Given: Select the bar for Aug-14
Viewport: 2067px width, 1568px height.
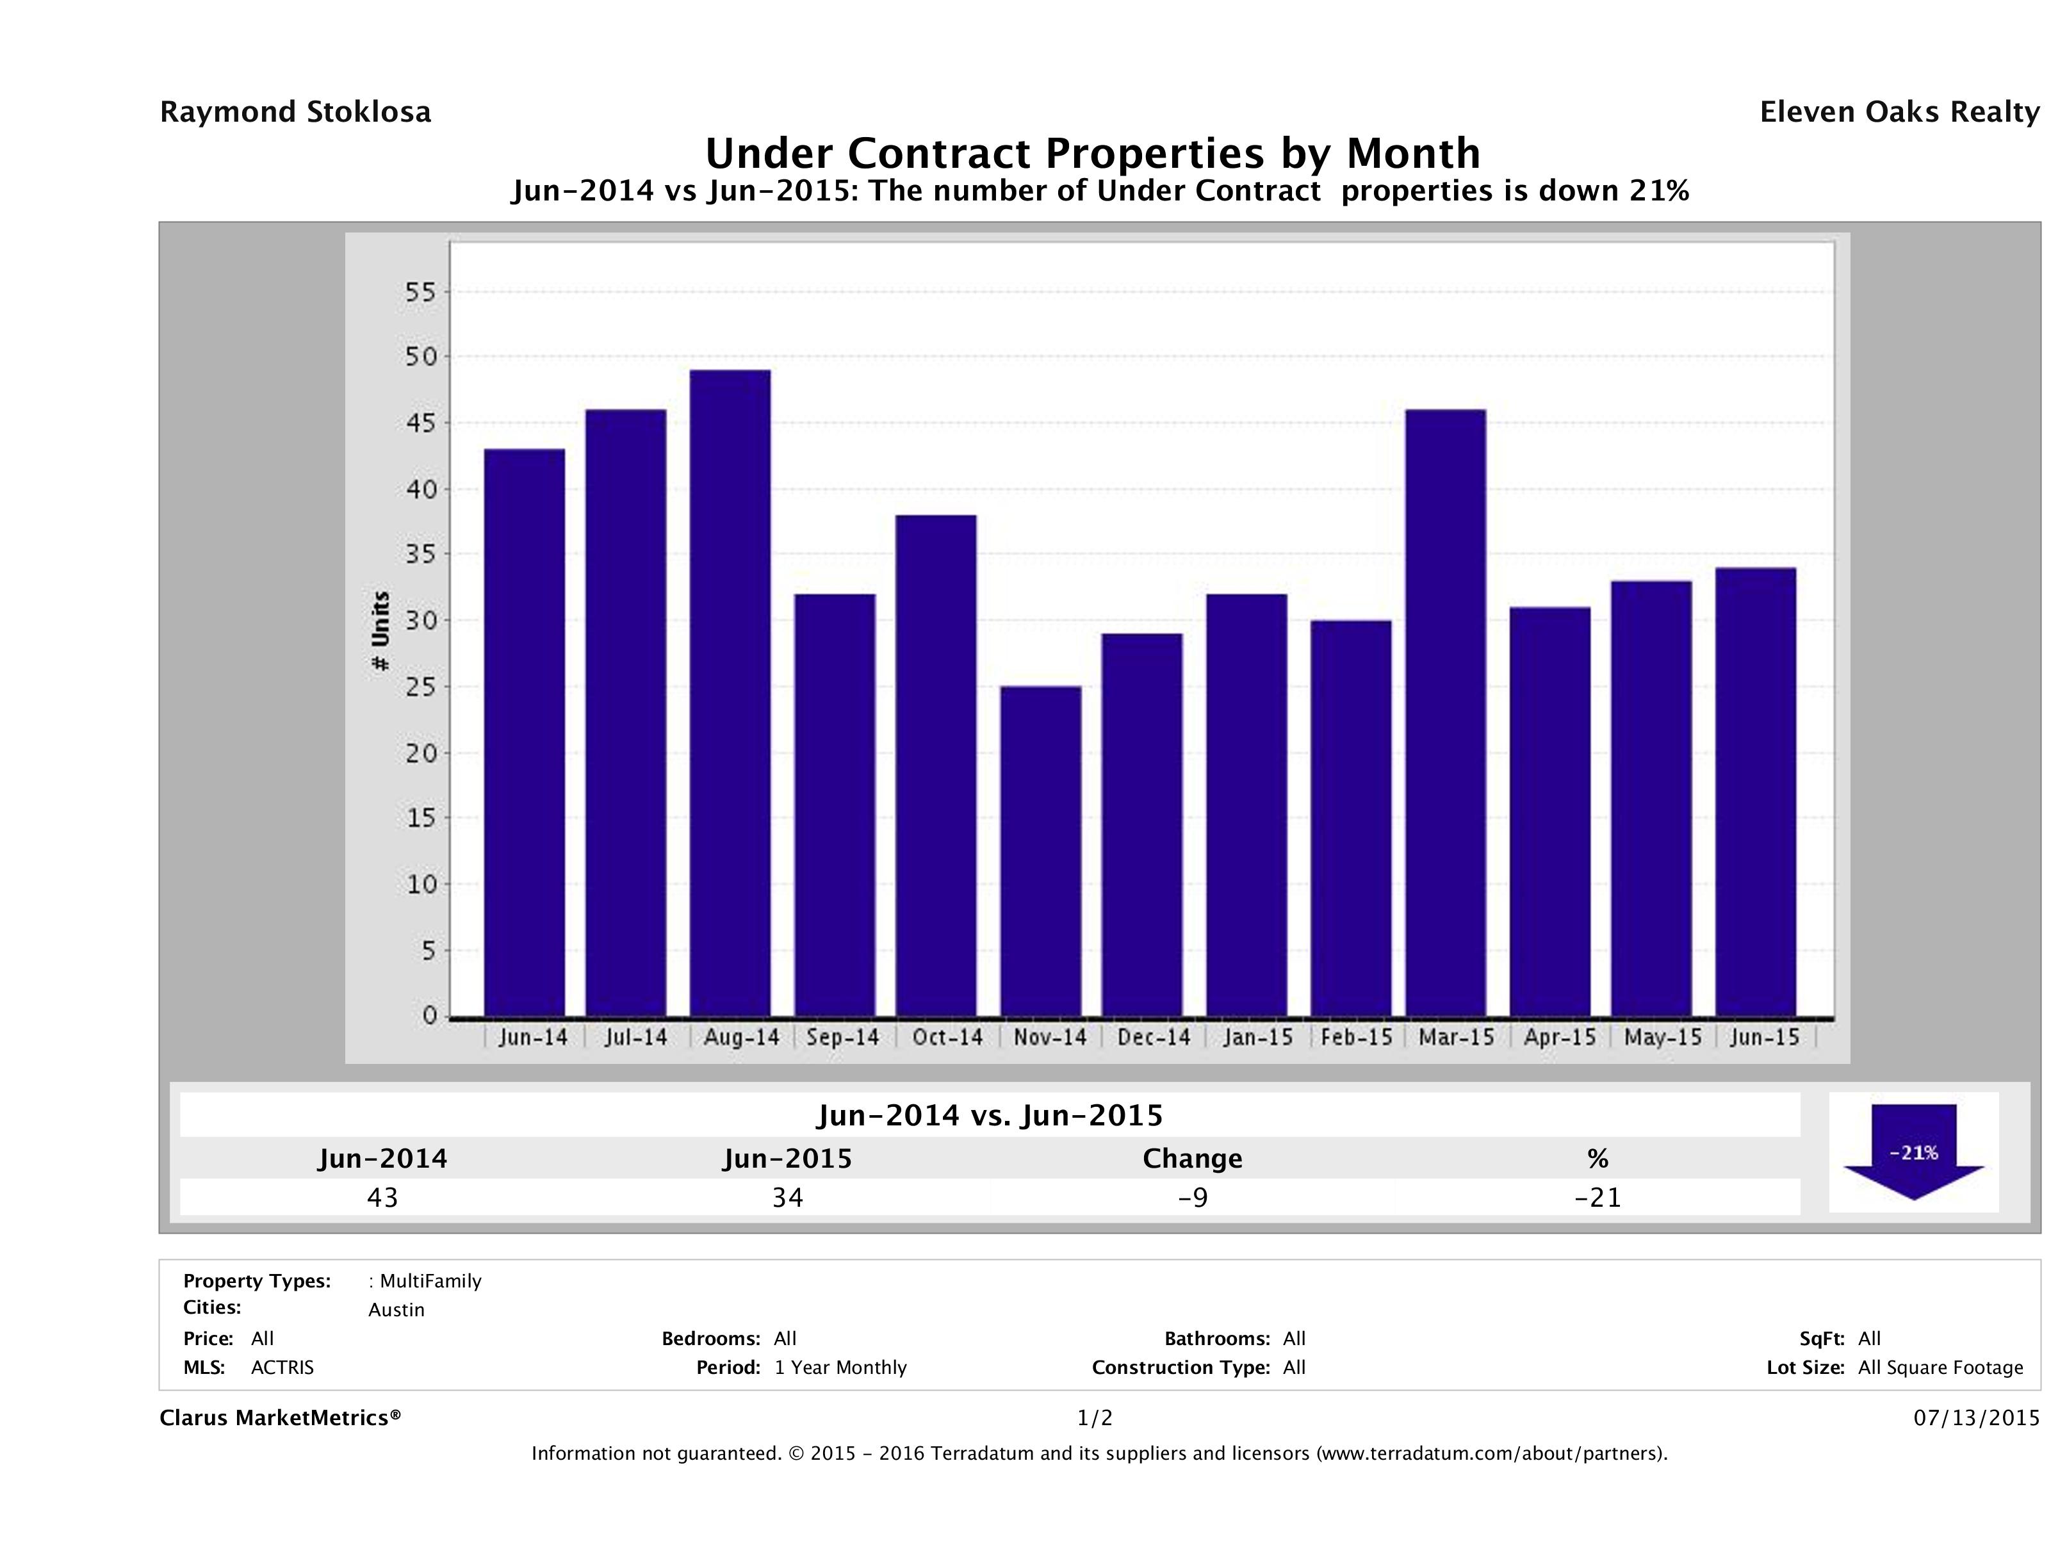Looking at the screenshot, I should (731, 692).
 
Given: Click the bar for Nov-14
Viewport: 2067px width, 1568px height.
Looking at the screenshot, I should (1040, 851).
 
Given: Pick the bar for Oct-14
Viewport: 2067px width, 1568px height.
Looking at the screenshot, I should (936, 764).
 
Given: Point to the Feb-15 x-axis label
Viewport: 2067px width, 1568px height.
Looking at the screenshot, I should (1357, 1037).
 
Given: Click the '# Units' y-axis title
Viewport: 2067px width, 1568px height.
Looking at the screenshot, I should (380, 631).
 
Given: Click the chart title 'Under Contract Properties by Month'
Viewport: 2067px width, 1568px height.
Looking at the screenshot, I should (1092, 153).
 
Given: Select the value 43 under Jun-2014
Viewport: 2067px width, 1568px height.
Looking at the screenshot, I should (383, 1197).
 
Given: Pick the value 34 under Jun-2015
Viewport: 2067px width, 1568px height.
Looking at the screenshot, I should (788, 1197).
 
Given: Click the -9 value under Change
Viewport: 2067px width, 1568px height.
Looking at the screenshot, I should (1193, 1197).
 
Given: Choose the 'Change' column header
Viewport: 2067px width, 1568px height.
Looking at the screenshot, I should (1193, 1159).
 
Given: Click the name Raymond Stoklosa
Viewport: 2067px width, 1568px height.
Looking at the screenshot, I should (295, 112).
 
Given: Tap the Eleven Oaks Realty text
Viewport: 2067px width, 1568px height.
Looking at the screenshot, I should (1899, 112).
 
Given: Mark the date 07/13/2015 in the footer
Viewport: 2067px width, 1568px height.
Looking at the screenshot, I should (1976, 1419).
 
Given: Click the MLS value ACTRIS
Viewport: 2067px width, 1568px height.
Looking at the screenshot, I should (282, 1368).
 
